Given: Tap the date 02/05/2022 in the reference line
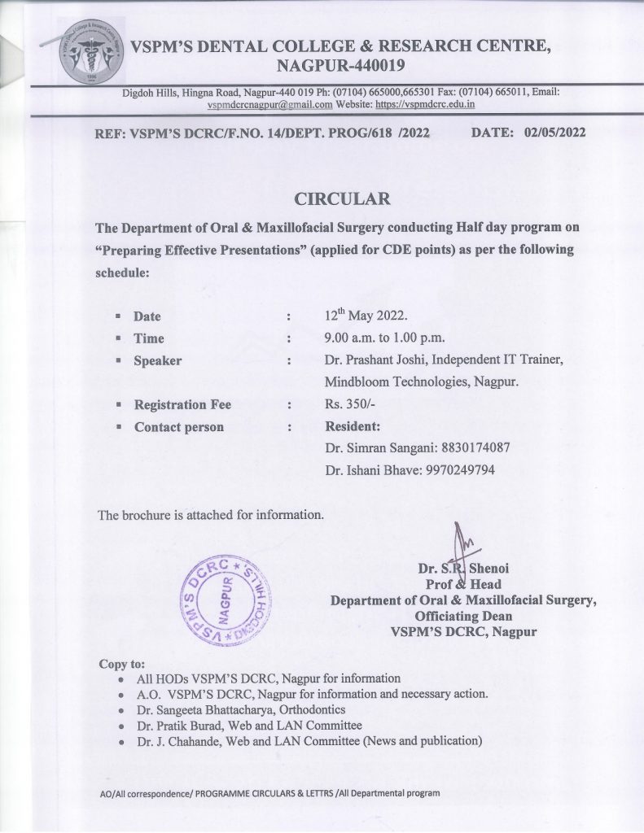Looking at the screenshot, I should (556, 133).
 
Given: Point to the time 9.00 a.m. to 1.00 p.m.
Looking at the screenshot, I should (383, 338).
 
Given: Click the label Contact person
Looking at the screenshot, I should (178, 426).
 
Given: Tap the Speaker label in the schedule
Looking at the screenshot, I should (157, 360).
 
